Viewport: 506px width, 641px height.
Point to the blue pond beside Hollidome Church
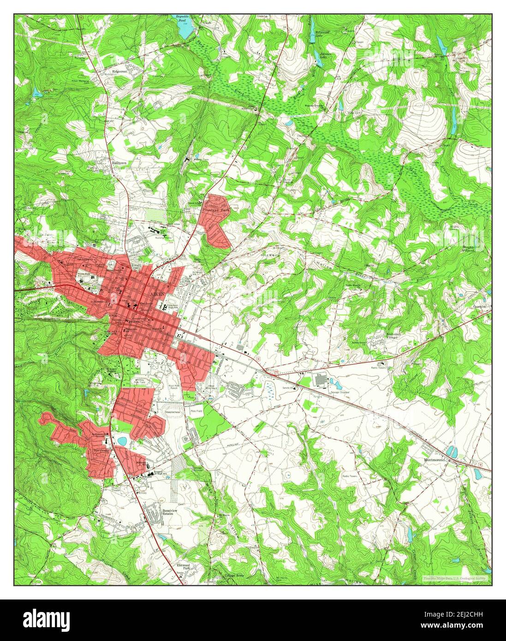click(x=121, y=441)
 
